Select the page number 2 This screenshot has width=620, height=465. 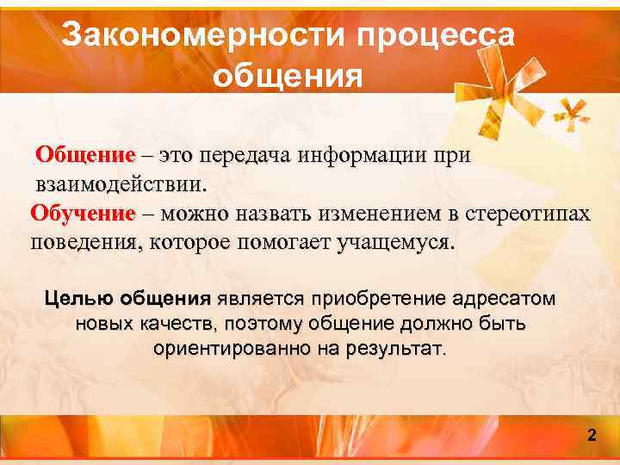tap(592, 435)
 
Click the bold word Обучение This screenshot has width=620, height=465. tap(84, 213)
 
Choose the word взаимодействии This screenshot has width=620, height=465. tap(121, 184)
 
